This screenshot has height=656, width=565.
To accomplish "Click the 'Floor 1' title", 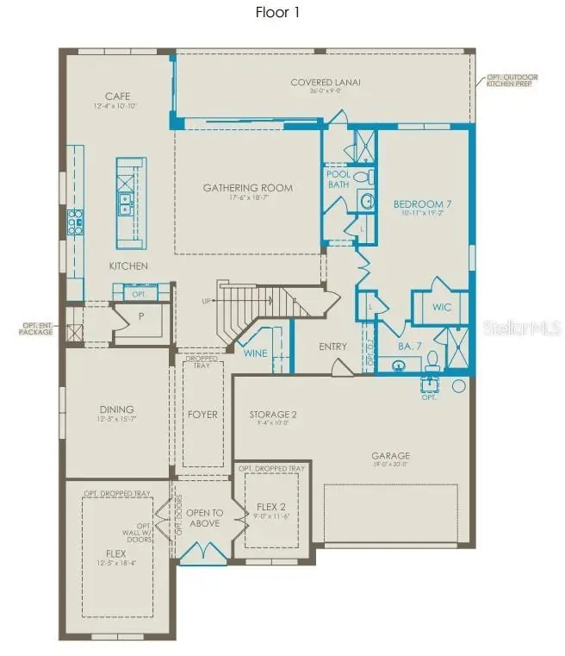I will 277,12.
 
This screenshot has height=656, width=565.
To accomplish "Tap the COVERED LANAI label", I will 325,83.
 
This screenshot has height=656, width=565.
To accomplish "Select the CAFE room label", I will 117,96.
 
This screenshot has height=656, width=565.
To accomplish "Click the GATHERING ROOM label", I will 247,188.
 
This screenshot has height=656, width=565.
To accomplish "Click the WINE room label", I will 254,353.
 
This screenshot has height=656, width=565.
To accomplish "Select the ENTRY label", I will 332,347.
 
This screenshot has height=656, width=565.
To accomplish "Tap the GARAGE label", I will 390,456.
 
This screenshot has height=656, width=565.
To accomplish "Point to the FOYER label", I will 202,415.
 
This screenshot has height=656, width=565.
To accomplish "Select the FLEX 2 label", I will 270,507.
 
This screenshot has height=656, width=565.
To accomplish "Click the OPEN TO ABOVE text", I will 204,517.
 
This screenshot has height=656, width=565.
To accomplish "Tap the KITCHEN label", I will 127,266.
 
